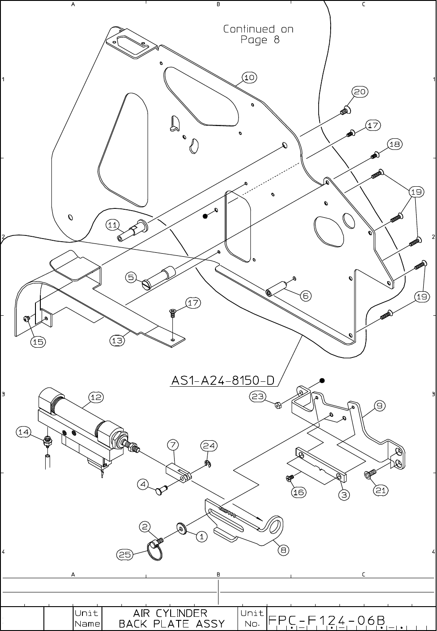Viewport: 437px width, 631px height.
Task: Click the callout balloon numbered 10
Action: pos(250,78)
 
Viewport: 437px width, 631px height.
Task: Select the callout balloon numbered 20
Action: pos(359,92)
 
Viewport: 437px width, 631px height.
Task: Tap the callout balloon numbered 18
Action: pos(395,144)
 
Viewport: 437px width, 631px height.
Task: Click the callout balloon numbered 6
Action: pos(306,296)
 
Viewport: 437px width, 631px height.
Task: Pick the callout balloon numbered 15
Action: pos(38,341)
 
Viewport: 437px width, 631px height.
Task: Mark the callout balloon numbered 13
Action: pos(116,341)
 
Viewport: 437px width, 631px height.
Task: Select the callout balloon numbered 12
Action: pos(96,397)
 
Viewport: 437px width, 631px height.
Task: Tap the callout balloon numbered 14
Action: pos(24,431)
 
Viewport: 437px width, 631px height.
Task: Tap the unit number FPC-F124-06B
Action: pos(326,619)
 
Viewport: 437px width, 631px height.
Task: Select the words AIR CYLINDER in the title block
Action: pos(170,613)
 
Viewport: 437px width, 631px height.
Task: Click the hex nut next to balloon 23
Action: pos(278,404)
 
